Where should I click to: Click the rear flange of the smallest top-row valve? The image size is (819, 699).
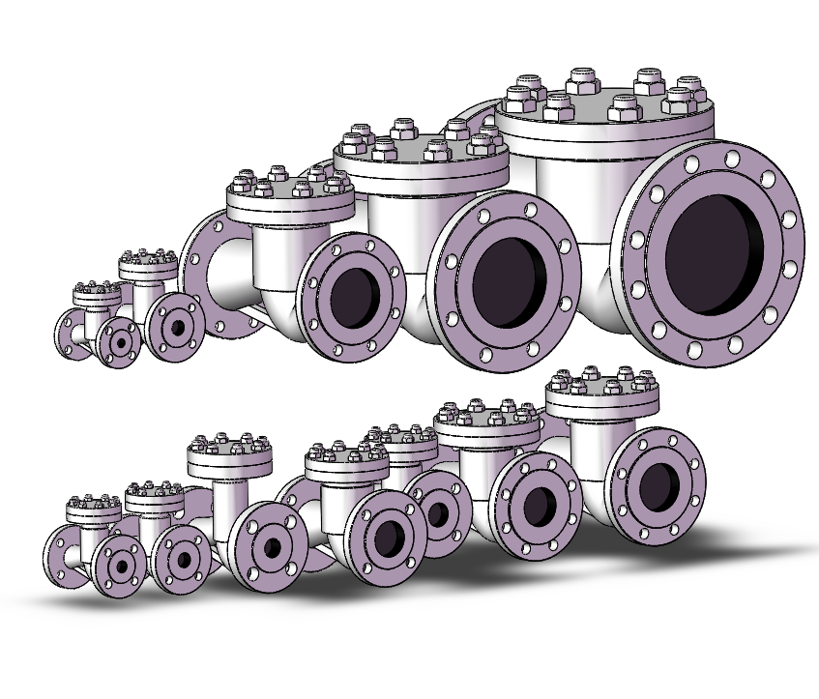[70, 335]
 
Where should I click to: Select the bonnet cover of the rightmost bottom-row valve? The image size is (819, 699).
[601, 389]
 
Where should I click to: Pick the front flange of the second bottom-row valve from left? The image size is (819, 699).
[182, 560]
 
